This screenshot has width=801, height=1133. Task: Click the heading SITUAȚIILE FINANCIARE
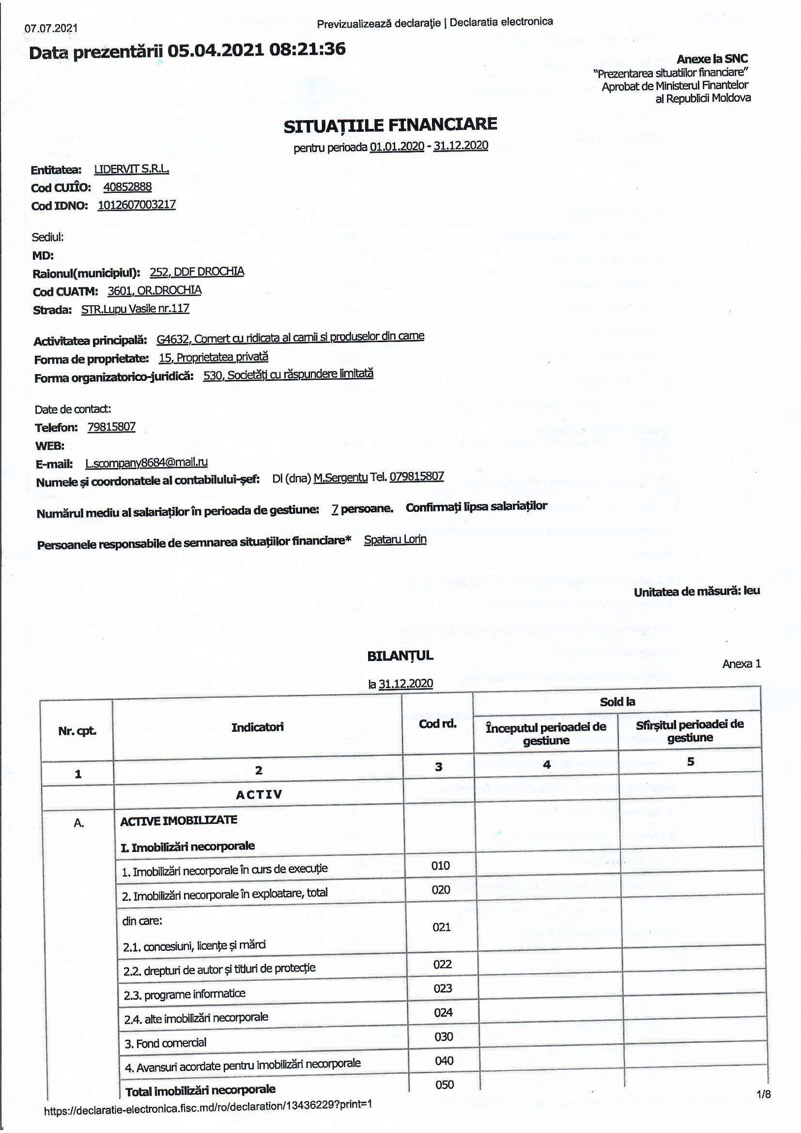[390, 125]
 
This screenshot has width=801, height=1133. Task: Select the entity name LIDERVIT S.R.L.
[131, 169]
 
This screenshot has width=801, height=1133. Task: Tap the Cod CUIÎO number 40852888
[127, 187]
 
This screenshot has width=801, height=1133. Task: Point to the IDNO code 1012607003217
[137, 205]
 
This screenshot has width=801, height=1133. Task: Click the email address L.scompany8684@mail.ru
[146, 462]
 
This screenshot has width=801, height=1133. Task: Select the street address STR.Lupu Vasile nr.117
[135, 309]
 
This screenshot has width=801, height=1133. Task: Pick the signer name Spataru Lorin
[395, 539]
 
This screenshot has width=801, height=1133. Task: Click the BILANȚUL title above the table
[400, 656]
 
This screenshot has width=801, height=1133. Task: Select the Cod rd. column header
[437, 724]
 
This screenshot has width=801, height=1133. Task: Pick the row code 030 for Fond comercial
[444, 1037]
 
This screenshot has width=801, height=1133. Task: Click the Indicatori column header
[258, 727]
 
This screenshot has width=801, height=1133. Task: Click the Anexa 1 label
[741, 664]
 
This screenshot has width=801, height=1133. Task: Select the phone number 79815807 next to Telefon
[111, 427]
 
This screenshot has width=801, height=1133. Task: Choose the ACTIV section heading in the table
[259, 794]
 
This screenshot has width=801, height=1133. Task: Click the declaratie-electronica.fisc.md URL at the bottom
[208, 1115]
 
